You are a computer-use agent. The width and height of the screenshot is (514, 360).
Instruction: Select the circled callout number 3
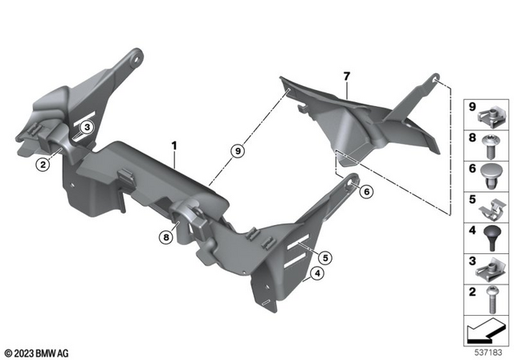click(87, 127)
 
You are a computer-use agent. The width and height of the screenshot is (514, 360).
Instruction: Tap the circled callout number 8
click(166, 237)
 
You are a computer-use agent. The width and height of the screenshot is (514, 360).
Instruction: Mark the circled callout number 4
click(317, 274)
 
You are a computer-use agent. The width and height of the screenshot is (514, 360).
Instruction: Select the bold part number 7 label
click(346, 76)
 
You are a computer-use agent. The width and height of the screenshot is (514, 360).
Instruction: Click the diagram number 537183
click(489, 350)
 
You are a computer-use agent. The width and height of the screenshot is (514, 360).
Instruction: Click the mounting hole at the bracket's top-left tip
click(139, 56)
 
